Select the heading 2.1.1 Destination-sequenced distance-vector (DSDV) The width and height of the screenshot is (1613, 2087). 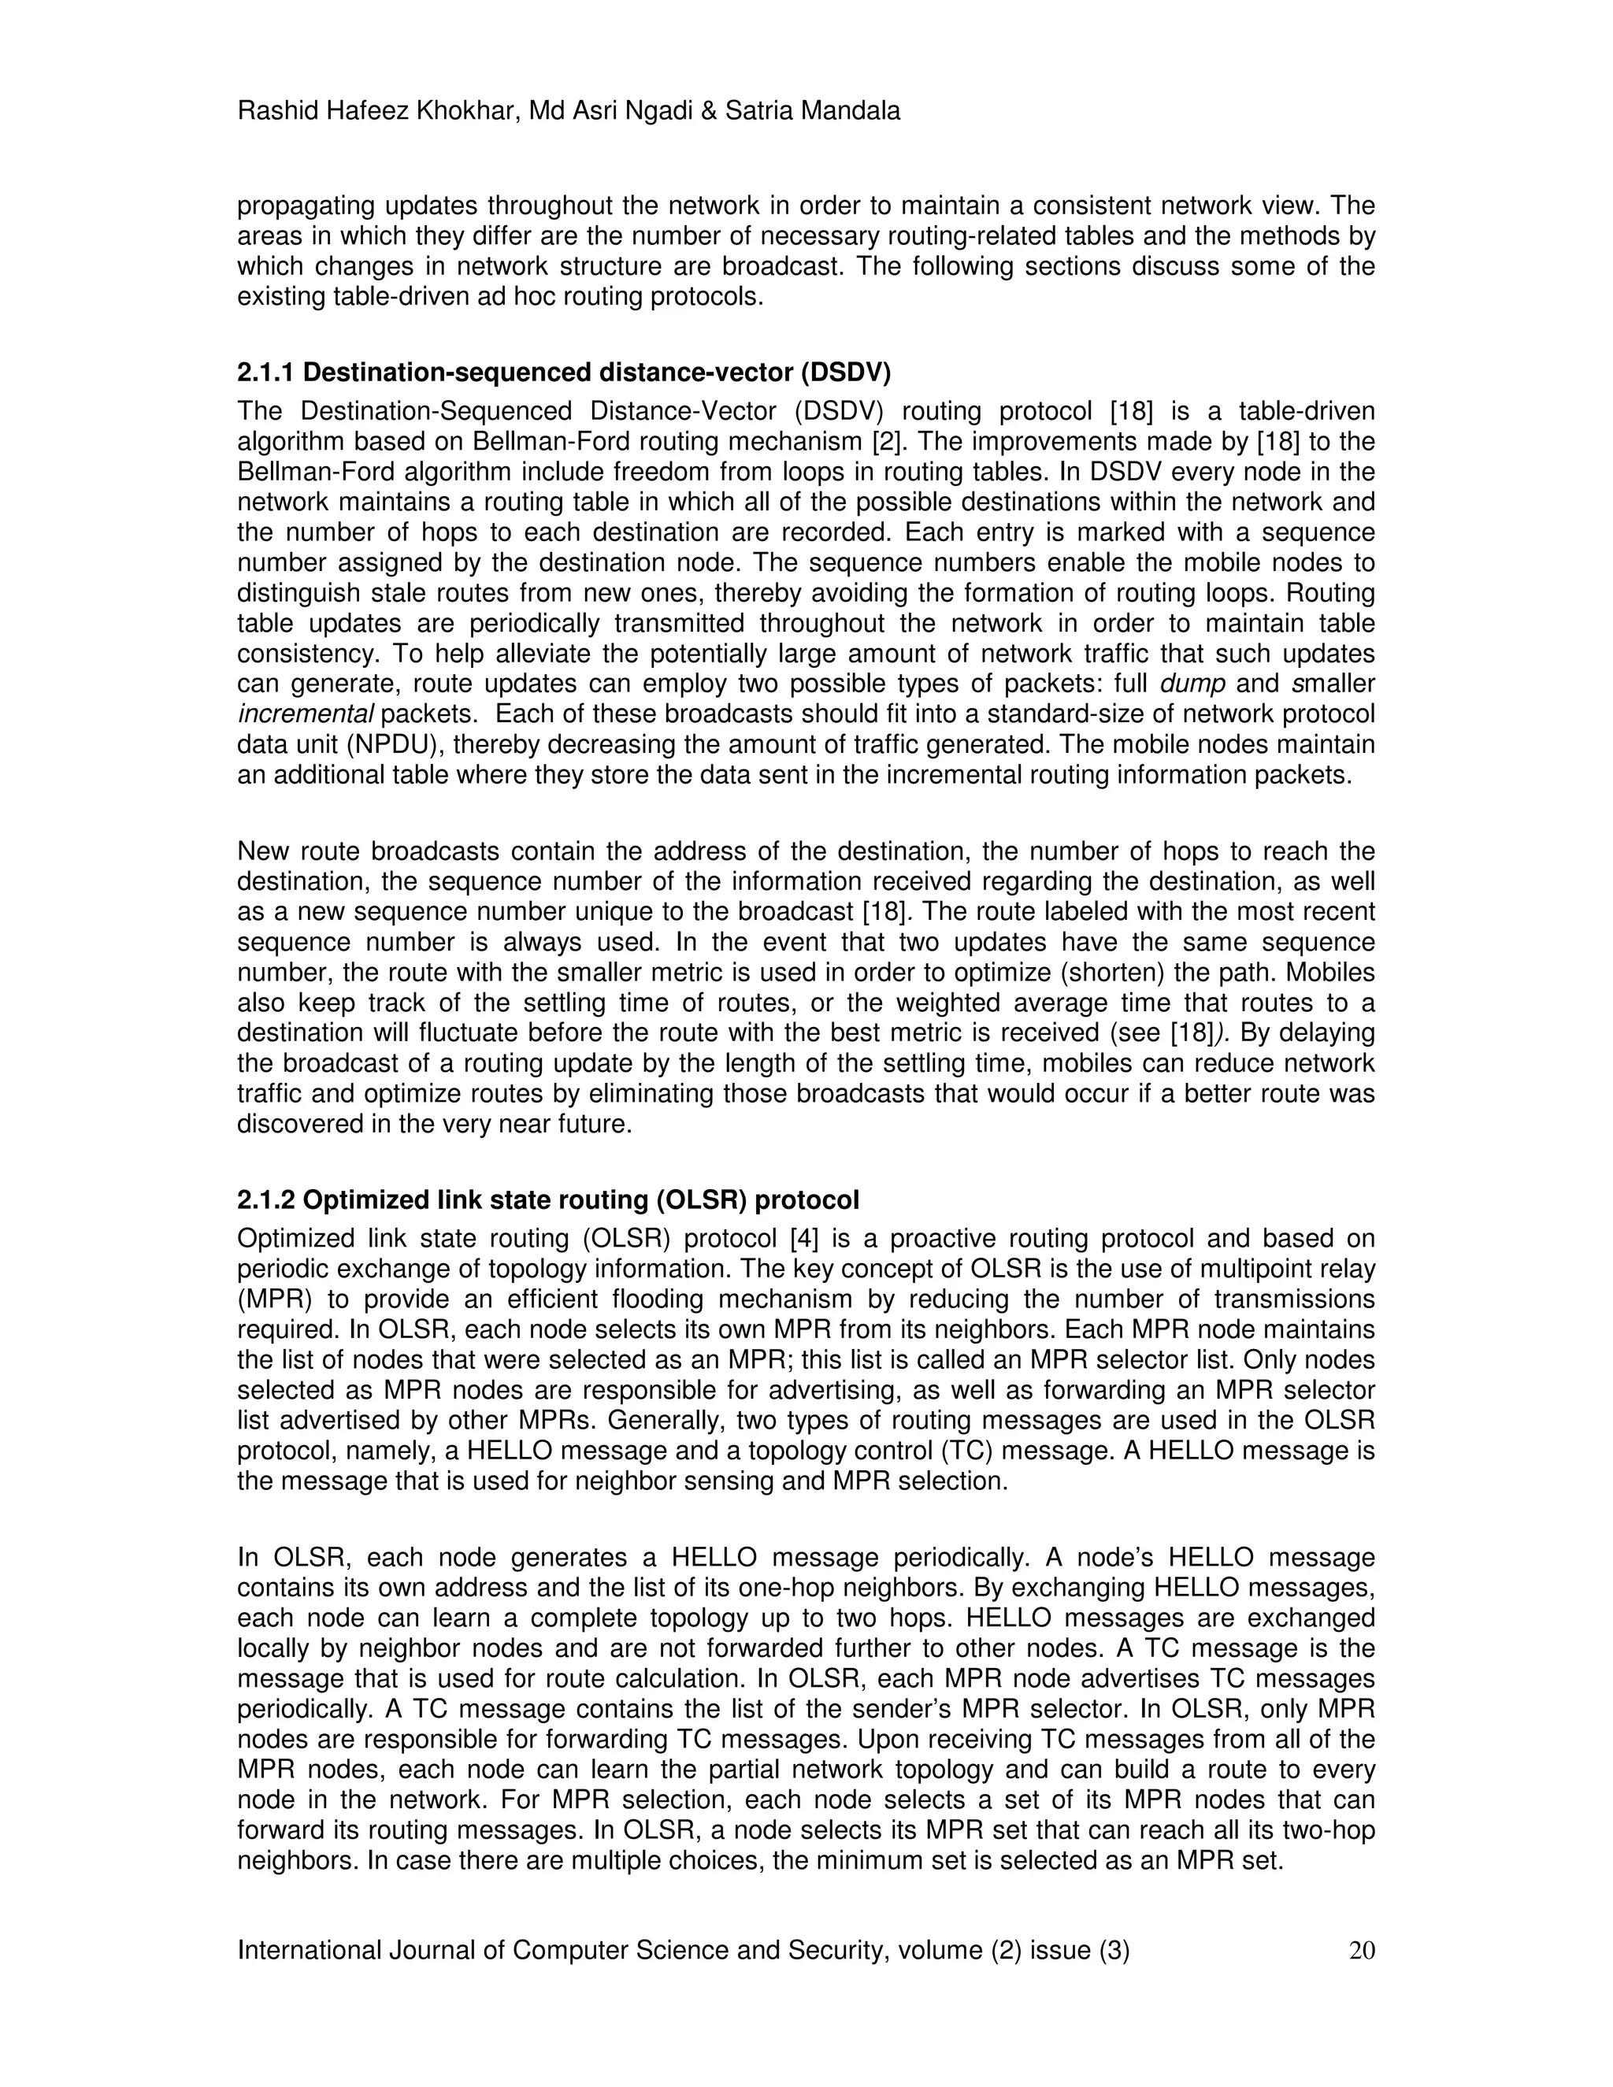pos(564,371)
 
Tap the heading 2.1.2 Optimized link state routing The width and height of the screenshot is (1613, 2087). pos(547,1199)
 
